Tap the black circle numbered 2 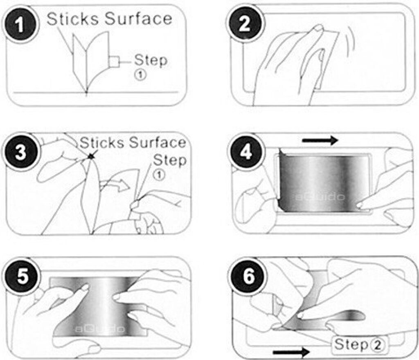click(245, 24)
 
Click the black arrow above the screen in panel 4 click(320, 140)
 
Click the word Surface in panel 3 click(158, 142)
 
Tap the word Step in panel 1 click(151, 61)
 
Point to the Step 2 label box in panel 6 click(360, 345)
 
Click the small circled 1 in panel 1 click(140, 74)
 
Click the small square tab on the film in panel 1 click(114, 62)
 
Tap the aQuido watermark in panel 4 click(320, 197)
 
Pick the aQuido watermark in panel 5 click(99, 328)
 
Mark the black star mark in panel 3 click(92, 157)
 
